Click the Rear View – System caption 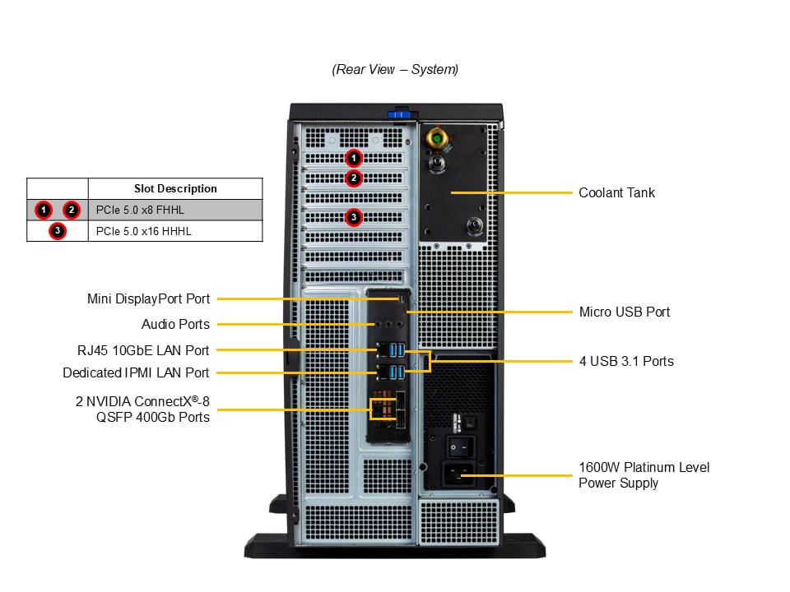pyautogui.click(x=395, y=70)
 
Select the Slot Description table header pyautogui.click(x=175, y=189)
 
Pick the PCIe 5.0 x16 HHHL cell pyautogui.click(x=143, y=231)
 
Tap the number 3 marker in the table pyautogui.click(x=57, y=231)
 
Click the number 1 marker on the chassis pyautogui.click(x=353, y=157)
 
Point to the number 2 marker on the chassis pyautogui.click(x=353, y=178)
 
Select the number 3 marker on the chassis pyautogui.click(x=353, y=218)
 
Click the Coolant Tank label pyautogui.click(x=616, y=192)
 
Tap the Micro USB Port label pyautogui.click(x=624, y=312)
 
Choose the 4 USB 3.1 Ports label pyautogui.click(x=625, y=361)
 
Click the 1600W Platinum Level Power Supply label pyautogui.click(x=644, y=475)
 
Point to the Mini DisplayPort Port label pyautogui.click(x=149, y=299)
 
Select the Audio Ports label pyautogui.click(x=175, y=324)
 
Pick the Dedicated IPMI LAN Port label pyautogui.click(x=136, y=373)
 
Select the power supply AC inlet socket pyautogui.click(x=458, y=473)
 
